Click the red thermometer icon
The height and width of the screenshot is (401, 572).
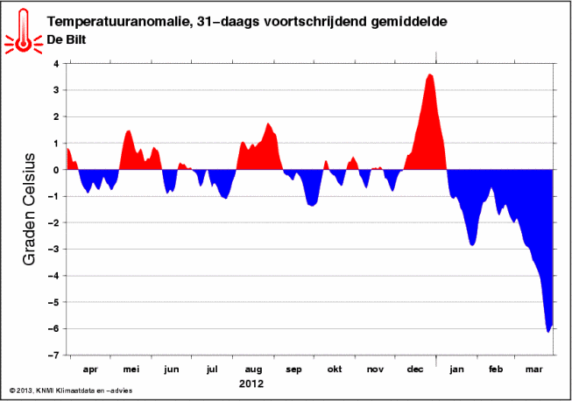(24, 32)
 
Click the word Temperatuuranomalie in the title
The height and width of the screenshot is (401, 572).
(118, 22)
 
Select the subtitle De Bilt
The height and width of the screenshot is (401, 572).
(67, 39)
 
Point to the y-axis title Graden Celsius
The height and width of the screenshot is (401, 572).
(29, 209)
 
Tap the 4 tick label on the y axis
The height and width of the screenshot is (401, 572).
(56, 64)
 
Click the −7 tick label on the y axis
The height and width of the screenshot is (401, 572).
(53, 355)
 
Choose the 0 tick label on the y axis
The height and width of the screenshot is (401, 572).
(56, 170)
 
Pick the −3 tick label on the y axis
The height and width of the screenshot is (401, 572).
(53, 250)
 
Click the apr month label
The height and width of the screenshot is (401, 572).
(90, 369)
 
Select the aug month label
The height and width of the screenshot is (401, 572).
(253, 369)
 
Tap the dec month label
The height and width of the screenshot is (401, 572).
(415, 369)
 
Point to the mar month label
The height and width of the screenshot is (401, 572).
(533, 369)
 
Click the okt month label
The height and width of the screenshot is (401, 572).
(335, 369)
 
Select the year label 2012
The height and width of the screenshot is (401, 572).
(251, 383)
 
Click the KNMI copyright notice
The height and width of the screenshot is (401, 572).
(71, 390)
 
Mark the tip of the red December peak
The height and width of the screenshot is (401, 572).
(430, 74)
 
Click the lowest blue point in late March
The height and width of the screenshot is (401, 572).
(548, 332)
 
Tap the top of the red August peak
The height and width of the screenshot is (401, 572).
(268, 123)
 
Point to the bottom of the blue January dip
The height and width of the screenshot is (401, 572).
(472, 246)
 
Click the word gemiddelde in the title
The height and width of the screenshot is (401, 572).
(409, 22)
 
